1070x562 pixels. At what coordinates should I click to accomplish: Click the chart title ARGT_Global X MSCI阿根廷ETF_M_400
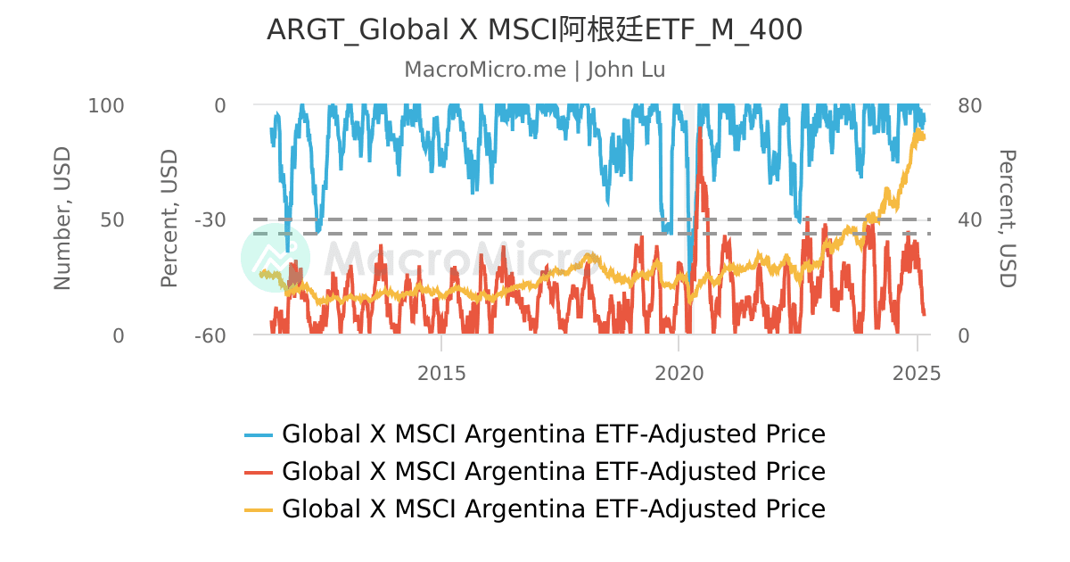(534, 30)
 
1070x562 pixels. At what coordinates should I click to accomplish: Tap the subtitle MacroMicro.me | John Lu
(534, 70)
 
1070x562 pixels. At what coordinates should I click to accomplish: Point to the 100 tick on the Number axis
(106, 105)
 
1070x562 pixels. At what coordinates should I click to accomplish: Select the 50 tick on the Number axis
(112, 219)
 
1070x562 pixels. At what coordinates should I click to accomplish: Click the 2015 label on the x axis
(441, 373)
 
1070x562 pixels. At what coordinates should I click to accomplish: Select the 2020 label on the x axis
(679, 373)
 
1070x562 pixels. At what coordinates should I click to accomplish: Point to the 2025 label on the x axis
(917, 373)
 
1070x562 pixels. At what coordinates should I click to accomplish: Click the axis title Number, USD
(62, 219)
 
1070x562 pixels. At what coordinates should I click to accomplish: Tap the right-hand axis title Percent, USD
(1006, 219)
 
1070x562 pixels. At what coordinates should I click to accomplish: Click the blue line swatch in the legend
(259, 434)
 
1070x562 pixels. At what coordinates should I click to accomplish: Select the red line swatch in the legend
(259, 471)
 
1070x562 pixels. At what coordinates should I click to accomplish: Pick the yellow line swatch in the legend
(259, 508)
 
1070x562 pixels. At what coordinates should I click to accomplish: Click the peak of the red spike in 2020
(700, 128)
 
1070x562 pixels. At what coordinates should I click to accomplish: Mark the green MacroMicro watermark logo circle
(276, 258)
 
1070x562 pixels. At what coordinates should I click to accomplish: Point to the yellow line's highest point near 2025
(918, 130)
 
